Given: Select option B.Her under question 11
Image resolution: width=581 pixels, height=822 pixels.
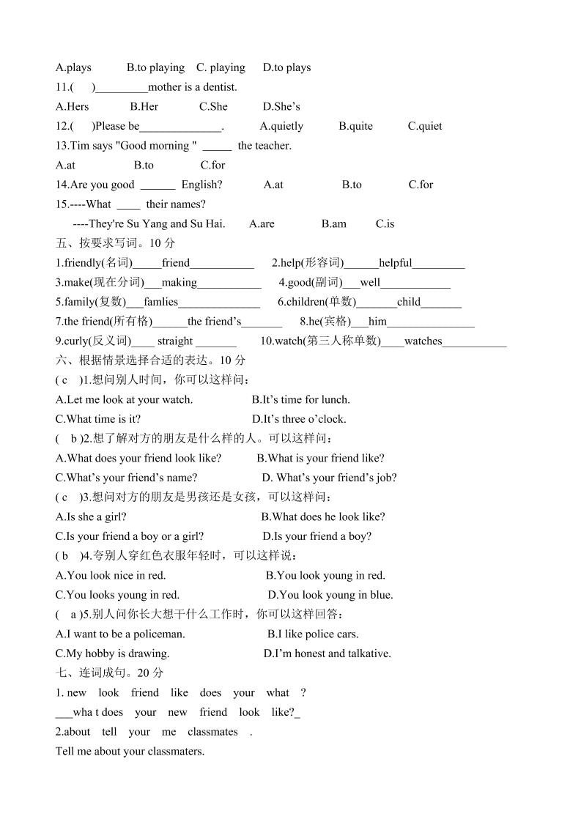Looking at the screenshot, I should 144,106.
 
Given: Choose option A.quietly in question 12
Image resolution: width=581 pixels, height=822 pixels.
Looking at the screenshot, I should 281,126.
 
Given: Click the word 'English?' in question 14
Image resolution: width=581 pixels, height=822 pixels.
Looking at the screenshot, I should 201,185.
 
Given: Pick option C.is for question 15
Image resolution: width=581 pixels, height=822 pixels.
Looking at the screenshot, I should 385,223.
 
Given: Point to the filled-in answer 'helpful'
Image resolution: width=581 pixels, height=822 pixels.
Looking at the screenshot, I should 396,263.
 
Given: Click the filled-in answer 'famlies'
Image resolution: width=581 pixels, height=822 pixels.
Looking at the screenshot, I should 161,302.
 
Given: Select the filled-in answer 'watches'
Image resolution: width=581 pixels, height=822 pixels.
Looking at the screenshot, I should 423,341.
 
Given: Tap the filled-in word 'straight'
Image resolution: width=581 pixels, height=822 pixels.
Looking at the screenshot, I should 175,341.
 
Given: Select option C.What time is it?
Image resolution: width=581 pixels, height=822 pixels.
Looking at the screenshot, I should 98,419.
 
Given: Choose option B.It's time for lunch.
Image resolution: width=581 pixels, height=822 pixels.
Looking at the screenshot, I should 301,399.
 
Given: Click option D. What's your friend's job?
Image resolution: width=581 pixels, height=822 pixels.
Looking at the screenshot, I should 330,478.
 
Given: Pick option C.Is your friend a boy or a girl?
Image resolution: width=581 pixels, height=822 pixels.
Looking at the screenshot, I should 130,536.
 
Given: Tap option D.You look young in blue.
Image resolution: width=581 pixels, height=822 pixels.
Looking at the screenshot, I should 330,595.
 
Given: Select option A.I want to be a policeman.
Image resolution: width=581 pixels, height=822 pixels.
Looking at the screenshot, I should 120,634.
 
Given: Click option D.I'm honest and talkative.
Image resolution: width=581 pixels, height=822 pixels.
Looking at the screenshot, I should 327,653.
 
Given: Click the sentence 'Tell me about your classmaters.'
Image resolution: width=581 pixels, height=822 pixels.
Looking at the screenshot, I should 130,751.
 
